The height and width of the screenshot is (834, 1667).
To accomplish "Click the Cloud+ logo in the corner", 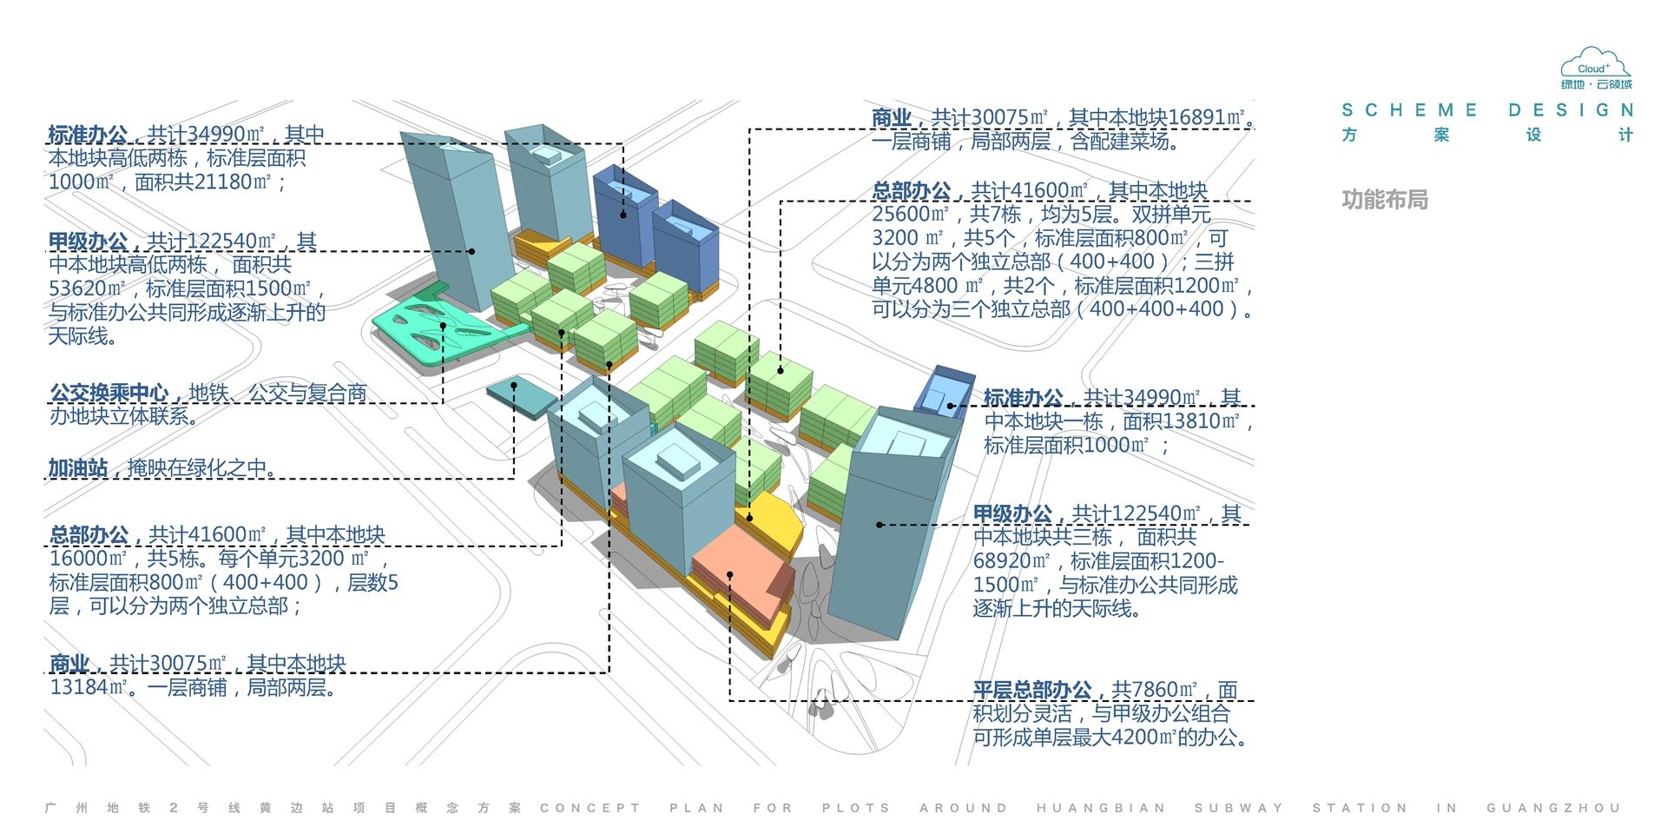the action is (x=1597, y=69).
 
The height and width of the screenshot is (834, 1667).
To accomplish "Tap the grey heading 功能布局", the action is (x=1385, y=200).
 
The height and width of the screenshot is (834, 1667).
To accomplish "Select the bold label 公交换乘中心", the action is (x=109, y=394).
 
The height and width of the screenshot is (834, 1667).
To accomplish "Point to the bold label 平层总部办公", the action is (x=1032, y=690).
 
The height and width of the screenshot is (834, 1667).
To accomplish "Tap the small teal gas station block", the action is (x=522, y=399).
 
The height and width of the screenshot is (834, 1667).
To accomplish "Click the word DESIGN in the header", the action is (x=1571, y=110).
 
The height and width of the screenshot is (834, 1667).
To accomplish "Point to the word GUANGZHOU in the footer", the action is (x=1553, y=808).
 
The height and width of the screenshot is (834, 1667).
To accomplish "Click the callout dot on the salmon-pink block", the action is (x=730, y=575).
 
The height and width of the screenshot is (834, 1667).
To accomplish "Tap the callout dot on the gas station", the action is (x=514, y=386).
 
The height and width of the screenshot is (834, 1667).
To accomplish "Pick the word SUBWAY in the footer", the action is (x=1239, y=808).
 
